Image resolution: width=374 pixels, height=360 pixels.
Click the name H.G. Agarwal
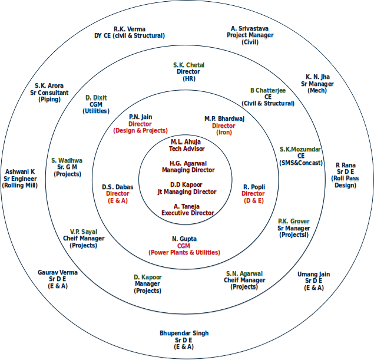[188, 163]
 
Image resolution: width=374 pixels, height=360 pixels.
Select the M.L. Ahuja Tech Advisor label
[186, 146]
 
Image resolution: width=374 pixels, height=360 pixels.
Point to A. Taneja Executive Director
[187, 209]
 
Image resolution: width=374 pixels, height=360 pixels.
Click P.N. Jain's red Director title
[140, 124]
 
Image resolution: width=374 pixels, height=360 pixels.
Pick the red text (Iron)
[224, 133]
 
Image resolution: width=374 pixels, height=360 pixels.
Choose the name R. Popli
[254, 187]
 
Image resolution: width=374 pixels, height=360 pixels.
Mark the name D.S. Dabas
[118, 187]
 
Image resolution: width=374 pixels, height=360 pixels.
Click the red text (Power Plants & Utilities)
[184, 252]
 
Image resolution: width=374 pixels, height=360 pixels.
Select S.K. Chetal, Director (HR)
[188, 71]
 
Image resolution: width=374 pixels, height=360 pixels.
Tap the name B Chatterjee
[268, 90]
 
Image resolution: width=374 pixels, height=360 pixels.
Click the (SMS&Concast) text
[300, 163]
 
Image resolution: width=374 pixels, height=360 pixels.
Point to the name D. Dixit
[96, 97]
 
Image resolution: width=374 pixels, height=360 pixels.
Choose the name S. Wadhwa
[67, 160]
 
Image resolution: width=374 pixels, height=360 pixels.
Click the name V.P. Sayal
[84, 232]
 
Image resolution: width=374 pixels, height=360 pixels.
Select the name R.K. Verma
[130, 29]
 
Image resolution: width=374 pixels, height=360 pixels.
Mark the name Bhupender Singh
[184, 333]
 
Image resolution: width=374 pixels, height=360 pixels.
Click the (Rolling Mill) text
[20, 186]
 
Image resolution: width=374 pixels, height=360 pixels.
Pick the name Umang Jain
[313, 274]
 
